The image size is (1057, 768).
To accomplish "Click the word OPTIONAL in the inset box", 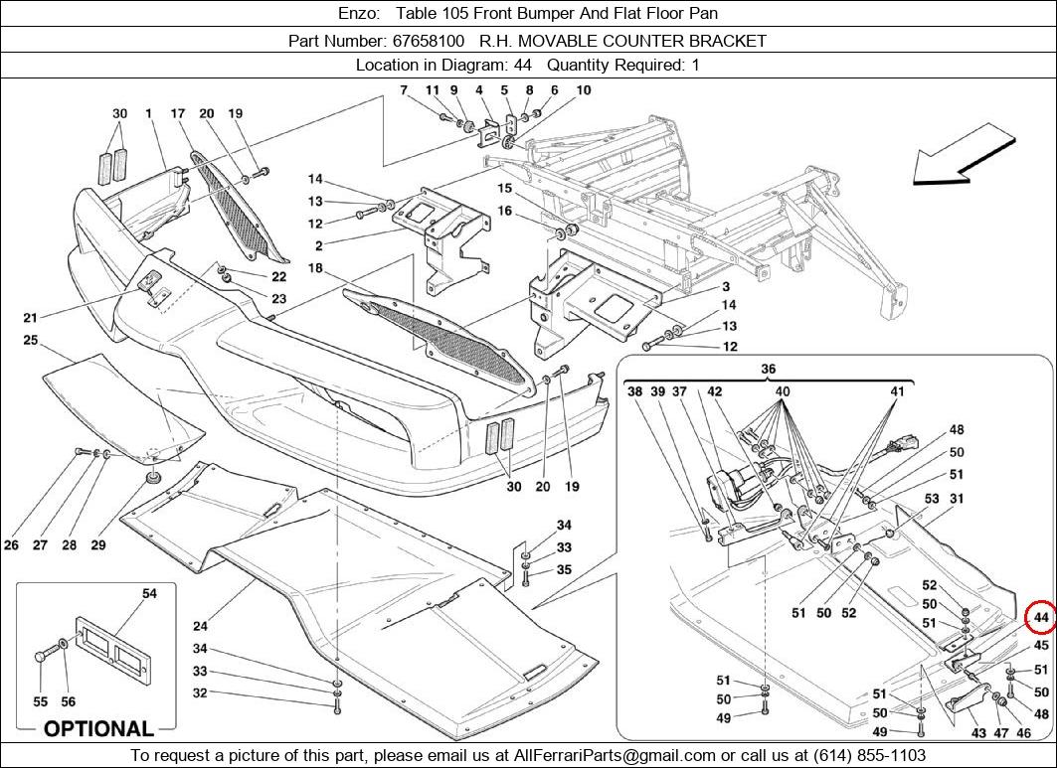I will [x=98, y=728].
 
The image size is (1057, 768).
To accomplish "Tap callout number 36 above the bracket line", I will [x=768, y=370].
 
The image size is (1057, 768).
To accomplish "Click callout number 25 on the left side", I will [x=30, y=341].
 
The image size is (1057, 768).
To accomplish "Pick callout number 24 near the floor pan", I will [x=200, y=626].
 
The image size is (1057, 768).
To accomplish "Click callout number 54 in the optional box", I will [x=149, y=593].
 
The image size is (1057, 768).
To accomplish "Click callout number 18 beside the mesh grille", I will [x=314, y=268].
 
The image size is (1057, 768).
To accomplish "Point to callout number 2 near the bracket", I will [x=318, y=244].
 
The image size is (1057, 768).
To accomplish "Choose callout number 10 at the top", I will [x=583, y=90].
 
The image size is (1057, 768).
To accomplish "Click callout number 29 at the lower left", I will [x=97, y=544].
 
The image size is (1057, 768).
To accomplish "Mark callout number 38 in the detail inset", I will [x=635, y=391].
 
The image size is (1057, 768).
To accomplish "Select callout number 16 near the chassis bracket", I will [x=505, y=211].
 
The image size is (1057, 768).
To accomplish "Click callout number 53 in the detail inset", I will [x=932, y=499].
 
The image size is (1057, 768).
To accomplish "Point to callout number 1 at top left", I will [x=148, y=114].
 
